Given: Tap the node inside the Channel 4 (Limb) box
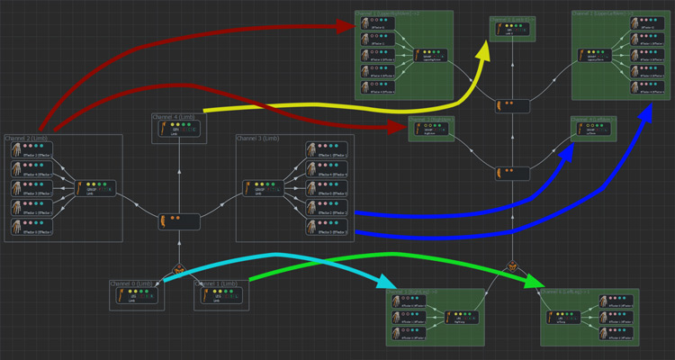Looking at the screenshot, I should pos(179,130).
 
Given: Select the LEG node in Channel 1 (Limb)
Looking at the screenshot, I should pos(222,296).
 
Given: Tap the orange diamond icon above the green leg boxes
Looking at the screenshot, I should pos(513,266).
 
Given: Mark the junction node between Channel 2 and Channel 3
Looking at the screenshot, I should pos(179,220).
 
